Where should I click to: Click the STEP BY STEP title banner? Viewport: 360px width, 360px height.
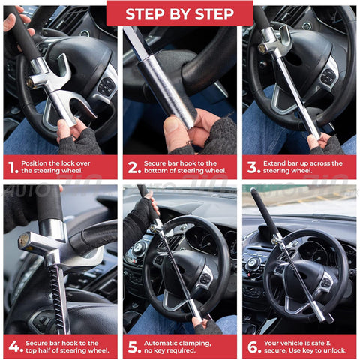click(179, 13)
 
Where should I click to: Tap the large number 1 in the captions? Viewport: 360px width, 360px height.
click(11, 167)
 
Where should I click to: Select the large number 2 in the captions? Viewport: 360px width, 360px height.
click(131, 167)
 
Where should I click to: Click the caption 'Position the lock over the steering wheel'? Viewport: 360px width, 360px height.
click(66, 167)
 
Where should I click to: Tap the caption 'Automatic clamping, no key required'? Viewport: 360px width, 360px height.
click(184, 346)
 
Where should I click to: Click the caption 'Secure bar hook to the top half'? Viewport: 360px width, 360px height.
click(66, 346)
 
